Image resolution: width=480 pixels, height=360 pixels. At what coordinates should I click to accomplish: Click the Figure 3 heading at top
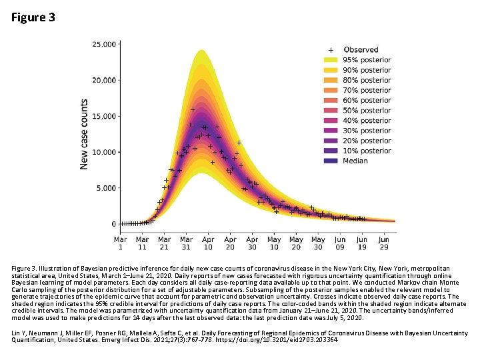pos(33,17)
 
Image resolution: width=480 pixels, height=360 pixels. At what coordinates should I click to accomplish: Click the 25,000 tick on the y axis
pos(103,44)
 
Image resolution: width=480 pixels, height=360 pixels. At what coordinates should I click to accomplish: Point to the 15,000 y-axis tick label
pos(103,116)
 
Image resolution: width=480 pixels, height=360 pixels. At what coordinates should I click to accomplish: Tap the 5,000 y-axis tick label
pos(105,188)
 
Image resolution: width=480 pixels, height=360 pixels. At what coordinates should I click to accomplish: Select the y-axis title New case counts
pos(85,134)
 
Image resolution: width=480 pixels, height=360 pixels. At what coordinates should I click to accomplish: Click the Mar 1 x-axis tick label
pos(121,243)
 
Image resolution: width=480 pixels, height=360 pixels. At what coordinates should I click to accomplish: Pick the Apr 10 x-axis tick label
pos(208,243)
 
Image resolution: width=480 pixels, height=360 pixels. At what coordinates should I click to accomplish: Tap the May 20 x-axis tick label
pos(296,243)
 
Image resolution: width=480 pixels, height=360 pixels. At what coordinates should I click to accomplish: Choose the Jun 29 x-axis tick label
pos(384,243)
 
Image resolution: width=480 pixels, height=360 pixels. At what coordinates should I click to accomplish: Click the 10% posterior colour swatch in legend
pos(330,151)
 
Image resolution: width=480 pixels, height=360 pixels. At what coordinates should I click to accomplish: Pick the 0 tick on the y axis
pos(113,224)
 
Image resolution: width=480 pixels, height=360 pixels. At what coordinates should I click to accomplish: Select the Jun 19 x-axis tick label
pos(362,243)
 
